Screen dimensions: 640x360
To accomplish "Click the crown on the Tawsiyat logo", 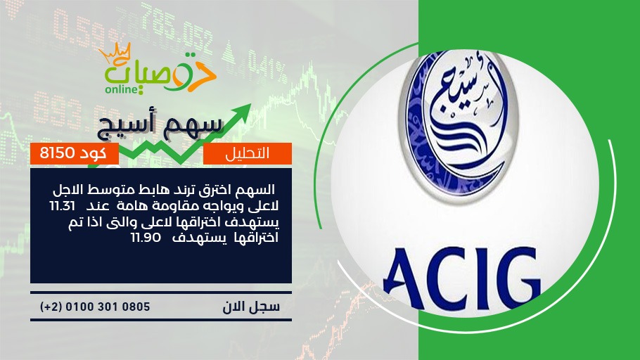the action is [x=114, y=53].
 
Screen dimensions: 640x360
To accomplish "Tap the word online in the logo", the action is [x=122, y=89].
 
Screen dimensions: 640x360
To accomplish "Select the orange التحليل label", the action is [x=248, y=153].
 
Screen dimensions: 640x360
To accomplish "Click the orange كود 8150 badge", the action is [x=75, y=153].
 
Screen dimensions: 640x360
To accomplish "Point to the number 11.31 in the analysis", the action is [x=63, y=206].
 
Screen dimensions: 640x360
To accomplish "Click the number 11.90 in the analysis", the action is [x=146, y=237].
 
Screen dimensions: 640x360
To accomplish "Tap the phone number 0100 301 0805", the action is [x=108, y=307].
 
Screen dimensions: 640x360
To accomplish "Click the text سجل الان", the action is [x=251, y=307].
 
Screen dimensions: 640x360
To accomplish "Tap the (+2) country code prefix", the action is [x=51, y=307].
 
